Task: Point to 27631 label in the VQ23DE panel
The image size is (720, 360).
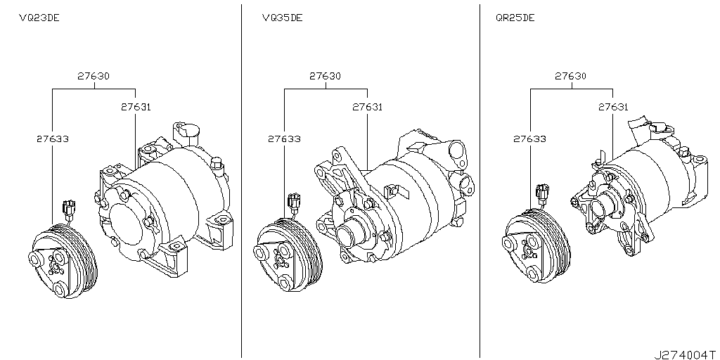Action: pyautogui.click(x=135, y=108)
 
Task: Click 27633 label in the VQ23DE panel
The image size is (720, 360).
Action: pyautogui.click(x=52, y=139)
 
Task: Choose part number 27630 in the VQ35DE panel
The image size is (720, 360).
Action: pyautogui.click(x=325, y=76)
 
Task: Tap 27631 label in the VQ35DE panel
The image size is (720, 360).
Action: pyautogui.click(x=367, y=108)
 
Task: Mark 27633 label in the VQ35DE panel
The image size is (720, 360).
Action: pyautogui.click(x=284, y=139)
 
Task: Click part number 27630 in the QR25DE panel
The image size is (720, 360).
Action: pyautogui.click(x=571, y=76)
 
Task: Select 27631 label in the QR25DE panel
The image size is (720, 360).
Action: pyautogui.click(x=612, y=108)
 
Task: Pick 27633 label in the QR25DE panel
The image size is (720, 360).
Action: pyautogui.click(x=530, y=139)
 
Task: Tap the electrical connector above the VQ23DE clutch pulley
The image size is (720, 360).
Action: pyautogui.click(x=68, y=208)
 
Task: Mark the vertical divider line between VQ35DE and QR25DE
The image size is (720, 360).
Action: pyautogui.click(x=480, y=176)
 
